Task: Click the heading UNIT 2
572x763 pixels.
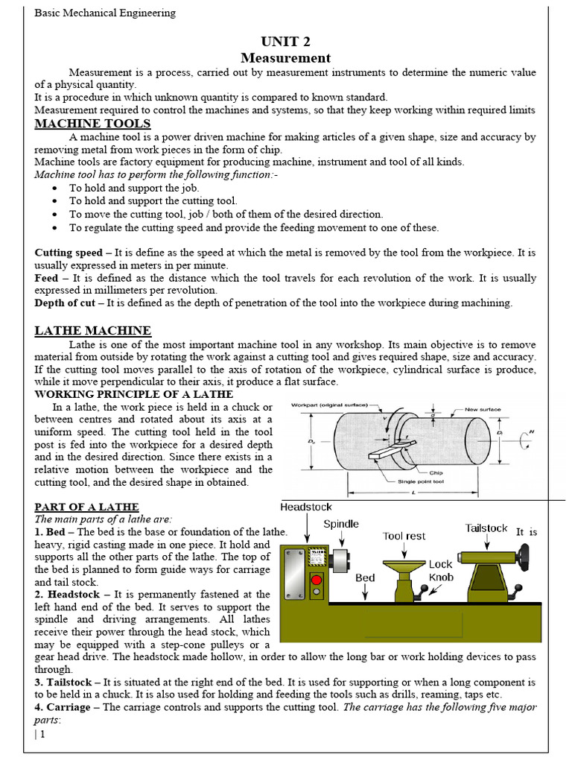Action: (286, 41)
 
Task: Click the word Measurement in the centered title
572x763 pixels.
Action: (286, 58)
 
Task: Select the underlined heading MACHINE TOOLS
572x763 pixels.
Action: (92, 124)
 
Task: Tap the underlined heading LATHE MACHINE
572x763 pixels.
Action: (93, 330)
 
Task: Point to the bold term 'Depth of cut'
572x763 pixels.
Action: (66, 303)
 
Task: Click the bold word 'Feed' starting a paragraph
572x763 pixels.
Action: (46, 278)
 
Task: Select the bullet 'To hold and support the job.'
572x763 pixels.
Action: (134, 189)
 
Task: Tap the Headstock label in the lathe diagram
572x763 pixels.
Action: (306, 507)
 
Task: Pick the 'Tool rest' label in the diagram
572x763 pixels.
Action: (404, 536)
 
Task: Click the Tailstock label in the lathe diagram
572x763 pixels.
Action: (486, 528)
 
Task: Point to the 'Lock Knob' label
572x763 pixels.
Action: (441, 571)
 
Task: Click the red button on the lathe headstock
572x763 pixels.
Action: (317, 579)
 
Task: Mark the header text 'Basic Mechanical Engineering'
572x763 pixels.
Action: (106, 13)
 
